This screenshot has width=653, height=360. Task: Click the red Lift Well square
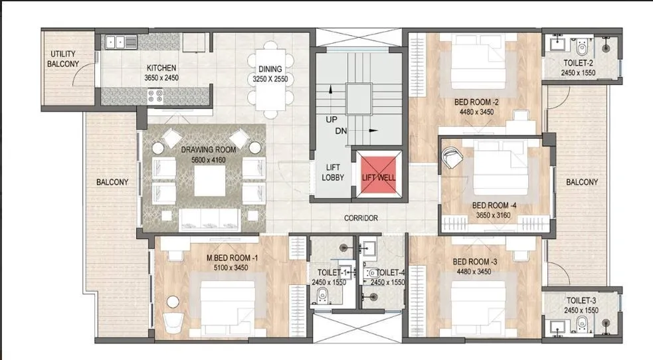click(x=379, y=175)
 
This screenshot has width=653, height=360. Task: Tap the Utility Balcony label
click(x=63, y=59)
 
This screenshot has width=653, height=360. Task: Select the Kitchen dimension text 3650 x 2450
click(x=161, y=78)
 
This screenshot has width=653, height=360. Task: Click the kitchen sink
click(x=121, y=42)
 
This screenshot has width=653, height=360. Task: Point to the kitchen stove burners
click(x=155, y=96)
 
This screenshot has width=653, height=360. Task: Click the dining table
click(x=270, y=80)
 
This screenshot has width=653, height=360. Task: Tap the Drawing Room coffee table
click(x=209, y=181)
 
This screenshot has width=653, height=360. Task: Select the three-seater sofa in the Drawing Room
click(x=209, y=220)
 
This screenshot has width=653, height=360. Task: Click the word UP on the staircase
click(x=331, y=120)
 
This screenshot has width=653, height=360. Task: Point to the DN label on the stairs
click(x=341, y=131)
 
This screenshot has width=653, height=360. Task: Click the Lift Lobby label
click(x=333, y=172)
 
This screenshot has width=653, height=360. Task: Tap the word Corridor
click(x=361, y=218)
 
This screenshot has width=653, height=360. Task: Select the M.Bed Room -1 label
click(x=232, y=258)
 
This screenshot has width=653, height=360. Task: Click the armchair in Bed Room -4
click(x=452, y=157)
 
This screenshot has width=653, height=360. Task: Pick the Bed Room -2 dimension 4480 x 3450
click(x=476, y=112)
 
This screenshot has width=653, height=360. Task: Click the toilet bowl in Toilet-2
click(x=581, y=48)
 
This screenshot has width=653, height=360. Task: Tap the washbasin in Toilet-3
click(x=556, y=326)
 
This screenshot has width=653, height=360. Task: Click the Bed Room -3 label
click(x=475, y=262)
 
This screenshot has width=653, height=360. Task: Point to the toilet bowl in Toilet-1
click(x=322, y=296)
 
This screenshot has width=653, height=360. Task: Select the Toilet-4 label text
click(x=390, y=272)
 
